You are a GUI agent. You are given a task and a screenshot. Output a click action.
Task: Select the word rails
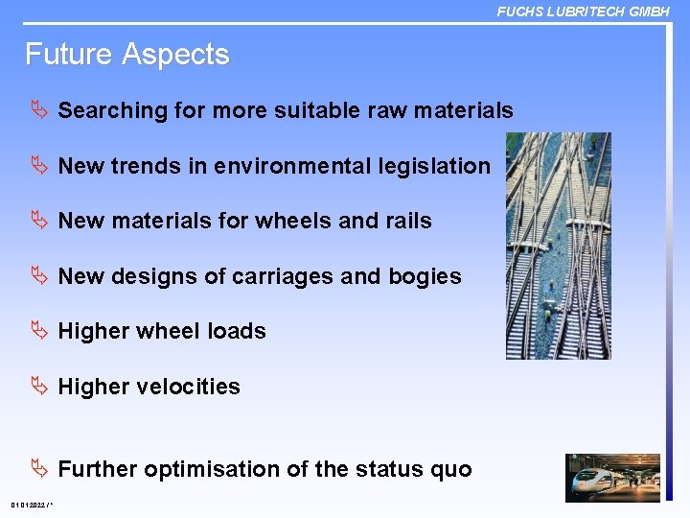coord(408,221)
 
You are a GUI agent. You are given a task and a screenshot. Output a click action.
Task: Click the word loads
coord(237,331)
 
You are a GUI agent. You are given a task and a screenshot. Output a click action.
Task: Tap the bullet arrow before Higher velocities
coord(39,387)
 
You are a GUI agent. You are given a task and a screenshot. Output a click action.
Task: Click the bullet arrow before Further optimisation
coord(39,469)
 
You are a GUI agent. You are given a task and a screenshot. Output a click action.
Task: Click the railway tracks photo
coord(558,246)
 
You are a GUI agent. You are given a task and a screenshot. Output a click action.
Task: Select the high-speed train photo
coord(612,478)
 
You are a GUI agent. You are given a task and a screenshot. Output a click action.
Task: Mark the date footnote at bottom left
coord(32,506)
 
